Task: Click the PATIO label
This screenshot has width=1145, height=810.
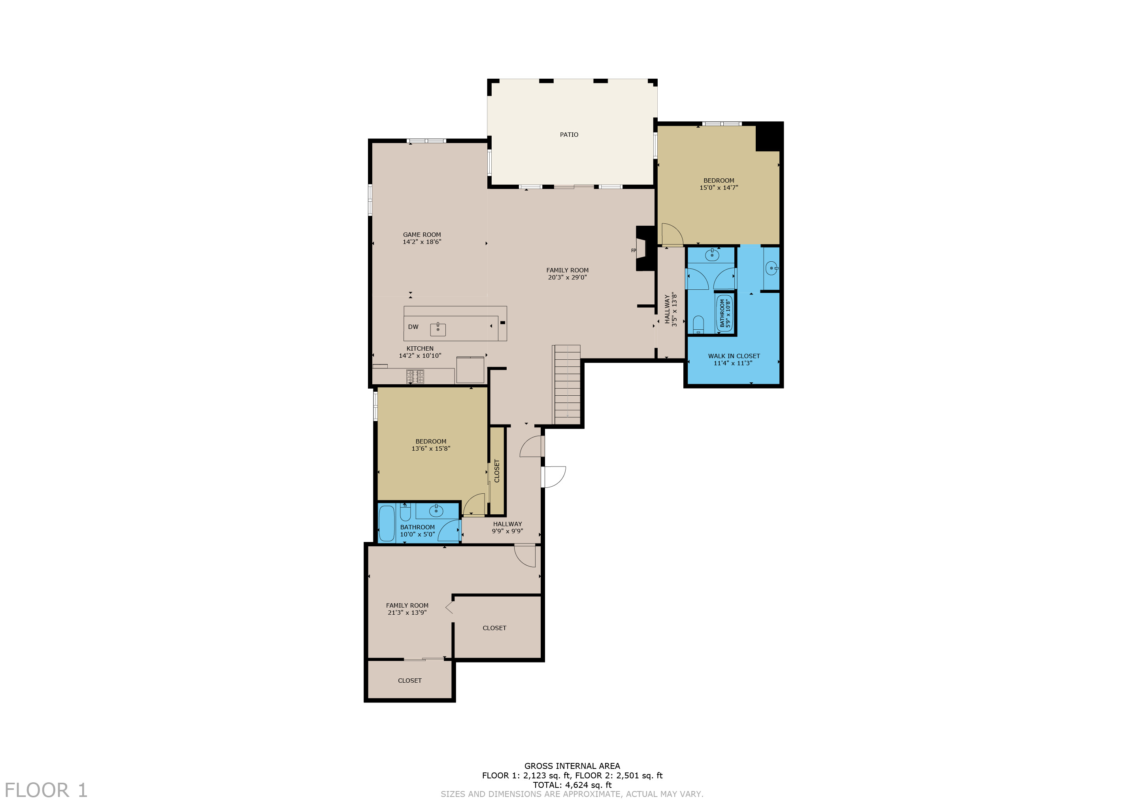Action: [x=569, y=135]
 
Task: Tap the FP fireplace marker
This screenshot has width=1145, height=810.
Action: [x=633, y=250]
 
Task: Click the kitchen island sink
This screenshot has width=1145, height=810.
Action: [x=438, y=329]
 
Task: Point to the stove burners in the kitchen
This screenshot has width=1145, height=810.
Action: [x=415, y=376]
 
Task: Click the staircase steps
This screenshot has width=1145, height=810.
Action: [x=567, y=384]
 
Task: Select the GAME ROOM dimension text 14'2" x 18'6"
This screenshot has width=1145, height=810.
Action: [x=422, y=242]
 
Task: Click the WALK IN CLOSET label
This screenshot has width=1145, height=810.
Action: [x=734, y=356]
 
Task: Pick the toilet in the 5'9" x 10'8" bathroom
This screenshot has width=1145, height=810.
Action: [x=698, y=324]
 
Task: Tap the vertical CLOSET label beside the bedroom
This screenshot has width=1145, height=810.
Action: [x=497, y=471]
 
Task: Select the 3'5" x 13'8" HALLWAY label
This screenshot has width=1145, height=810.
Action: [x=671, y=310]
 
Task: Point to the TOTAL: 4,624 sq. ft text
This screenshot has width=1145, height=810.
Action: [x=572, y=785]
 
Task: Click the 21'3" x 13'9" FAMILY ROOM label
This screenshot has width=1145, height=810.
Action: [x=407, y=609]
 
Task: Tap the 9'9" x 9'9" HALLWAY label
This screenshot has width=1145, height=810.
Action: [x=507, y=527]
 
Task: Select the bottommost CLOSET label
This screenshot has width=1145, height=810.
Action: [x=409, y=680]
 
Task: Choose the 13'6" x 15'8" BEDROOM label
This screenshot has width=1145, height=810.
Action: [x=431, y=445]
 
